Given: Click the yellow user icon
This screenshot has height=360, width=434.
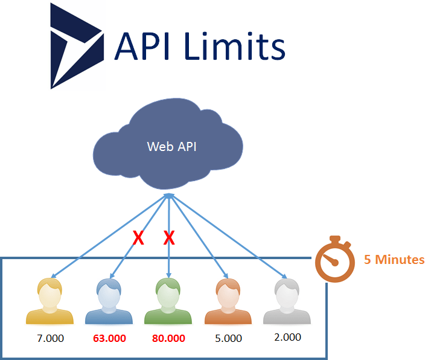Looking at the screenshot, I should coord(49,302).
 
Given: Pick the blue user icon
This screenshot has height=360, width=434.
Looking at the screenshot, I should coord(109,302).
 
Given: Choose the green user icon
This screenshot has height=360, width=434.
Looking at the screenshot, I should coord(168,302).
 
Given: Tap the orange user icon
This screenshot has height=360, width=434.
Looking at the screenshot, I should coord(228,302).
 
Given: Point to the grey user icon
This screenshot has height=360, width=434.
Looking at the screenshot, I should coord(287,302).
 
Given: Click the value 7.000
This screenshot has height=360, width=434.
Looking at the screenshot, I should coord(50,338).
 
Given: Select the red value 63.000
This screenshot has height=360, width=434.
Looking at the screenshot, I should coord(109,338).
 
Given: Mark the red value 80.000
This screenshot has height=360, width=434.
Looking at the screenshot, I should coord(168,338).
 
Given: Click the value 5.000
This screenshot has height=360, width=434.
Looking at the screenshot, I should coord(228,338).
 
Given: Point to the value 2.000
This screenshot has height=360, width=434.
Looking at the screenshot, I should coord(287,337).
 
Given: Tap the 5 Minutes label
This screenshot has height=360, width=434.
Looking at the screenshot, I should coord(394,260).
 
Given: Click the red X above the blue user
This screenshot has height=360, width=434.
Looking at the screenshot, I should coord(138,239).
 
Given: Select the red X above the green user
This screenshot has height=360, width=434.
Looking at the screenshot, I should coord(169,239).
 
